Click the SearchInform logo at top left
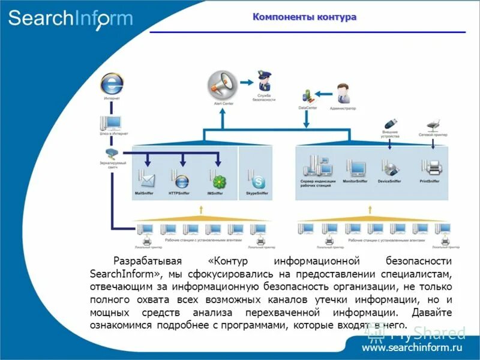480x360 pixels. click(x=70, y=18)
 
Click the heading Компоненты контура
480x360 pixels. click(x=304, y=17)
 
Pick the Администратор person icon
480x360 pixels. click(x=343, y=94)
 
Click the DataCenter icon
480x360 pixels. click(x=307, y=95)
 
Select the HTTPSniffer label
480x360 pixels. click(x=179, y=193)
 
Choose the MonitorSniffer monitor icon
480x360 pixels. click(x=355, y=168)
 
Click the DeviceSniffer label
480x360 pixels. click(x=389, y=181)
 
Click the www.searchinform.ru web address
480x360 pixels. click(x=413, y=347)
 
